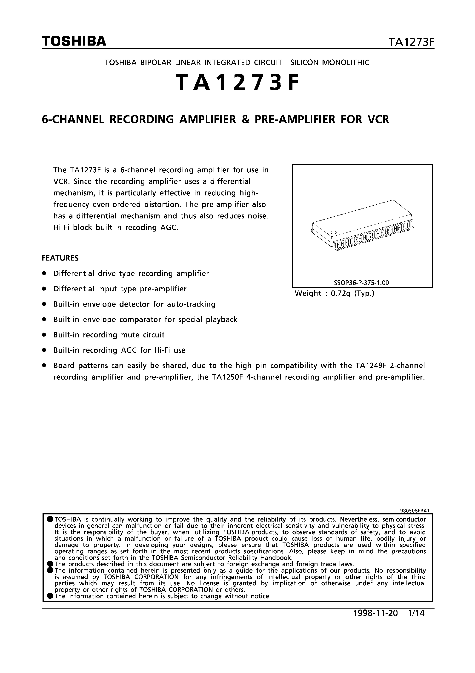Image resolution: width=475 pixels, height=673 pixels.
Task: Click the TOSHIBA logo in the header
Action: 74,41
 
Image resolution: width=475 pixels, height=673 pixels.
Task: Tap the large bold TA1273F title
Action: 237,82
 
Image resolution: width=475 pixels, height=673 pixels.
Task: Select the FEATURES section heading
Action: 60,258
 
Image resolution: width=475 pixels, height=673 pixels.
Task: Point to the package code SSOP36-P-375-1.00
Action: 361,283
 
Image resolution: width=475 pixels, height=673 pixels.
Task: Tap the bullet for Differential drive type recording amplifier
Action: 44,273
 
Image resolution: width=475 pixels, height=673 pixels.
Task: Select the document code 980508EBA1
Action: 414,511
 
